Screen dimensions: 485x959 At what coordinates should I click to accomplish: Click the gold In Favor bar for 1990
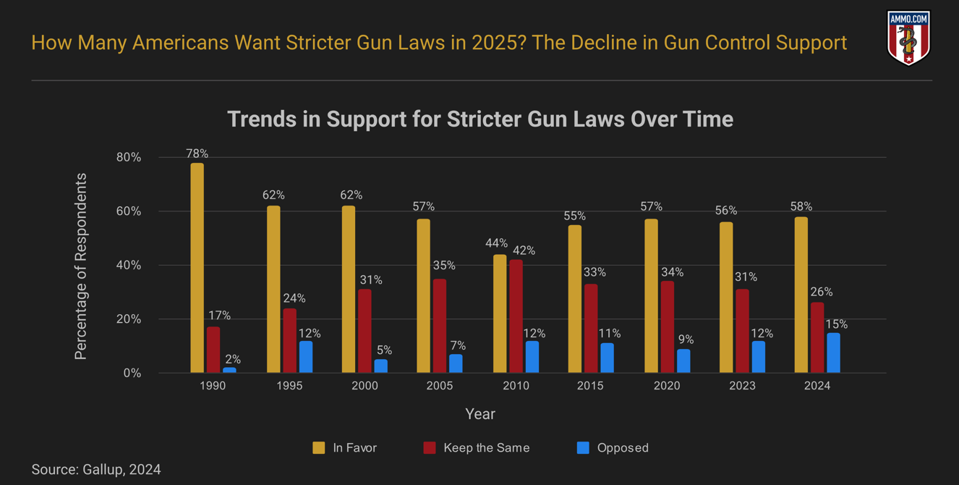pos(197,268)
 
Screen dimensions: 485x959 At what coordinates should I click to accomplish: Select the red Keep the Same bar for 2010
pos(516,316)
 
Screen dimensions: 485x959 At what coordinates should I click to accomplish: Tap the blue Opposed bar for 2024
pos(833,353)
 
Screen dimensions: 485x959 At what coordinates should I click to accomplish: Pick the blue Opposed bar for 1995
pos(306,357)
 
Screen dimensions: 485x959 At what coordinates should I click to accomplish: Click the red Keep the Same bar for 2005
pos(440,326)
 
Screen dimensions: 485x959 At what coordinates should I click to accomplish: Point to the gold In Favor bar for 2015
pos(575,299)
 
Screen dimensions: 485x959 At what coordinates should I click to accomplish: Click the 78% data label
pos(197,153)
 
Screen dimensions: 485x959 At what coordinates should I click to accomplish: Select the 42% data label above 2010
pos(524,250)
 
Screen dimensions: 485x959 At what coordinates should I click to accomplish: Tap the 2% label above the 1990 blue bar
pos(233,359)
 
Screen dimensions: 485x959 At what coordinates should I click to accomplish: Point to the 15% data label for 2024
pos(836,324)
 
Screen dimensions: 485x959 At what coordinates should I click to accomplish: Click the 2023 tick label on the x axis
pos(742,386)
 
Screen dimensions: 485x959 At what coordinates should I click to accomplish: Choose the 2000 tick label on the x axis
pos(365,386)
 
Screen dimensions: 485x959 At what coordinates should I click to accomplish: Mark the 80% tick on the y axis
pos(128,158)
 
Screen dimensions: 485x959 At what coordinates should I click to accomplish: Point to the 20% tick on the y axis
pos(128,319)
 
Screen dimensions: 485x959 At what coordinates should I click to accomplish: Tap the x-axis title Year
pos(480,414)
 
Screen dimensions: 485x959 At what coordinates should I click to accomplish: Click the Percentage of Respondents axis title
pos(81,266)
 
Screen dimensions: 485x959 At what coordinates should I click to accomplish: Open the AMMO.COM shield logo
pos(908,38)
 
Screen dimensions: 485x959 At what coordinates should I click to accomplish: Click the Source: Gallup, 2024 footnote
pos(96,470)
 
